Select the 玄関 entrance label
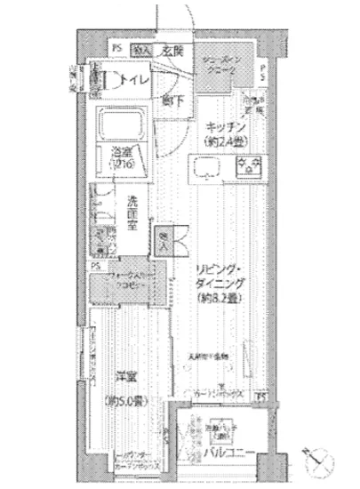(172, 51)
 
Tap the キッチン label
(225, 125)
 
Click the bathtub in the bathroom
(122, 125)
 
